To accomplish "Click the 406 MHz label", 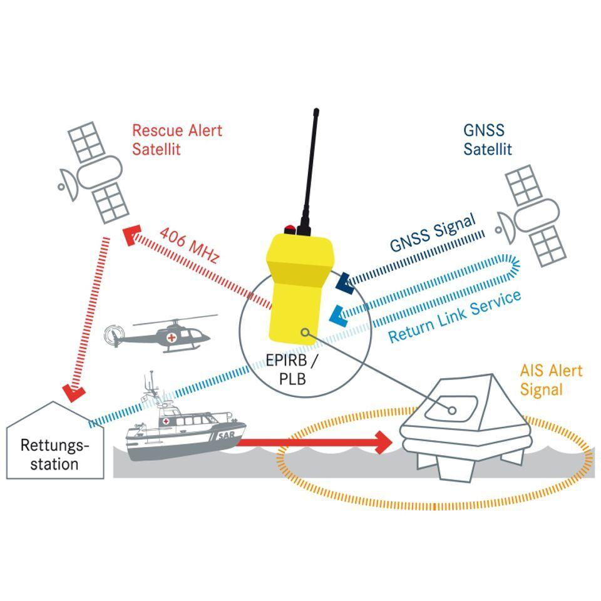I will (189, 245).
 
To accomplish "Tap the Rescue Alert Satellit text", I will (177, 140).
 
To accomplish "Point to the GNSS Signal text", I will (433, 232).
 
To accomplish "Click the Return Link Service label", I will (454, 316).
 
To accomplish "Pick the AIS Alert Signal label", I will (550, 379).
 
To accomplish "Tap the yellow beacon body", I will (299, 288).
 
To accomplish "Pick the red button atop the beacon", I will (289, 229).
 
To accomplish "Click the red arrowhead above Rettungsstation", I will (74, 393).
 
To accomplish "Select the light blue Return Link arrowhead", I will (336, 313).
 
